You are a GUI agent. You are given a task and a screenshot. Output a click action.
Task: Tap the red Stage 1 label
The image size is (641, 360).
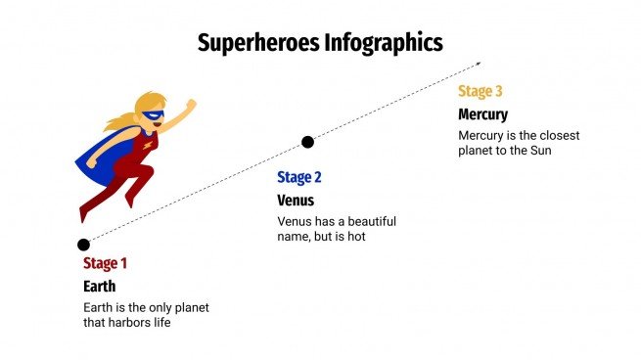click(x=105, y=262)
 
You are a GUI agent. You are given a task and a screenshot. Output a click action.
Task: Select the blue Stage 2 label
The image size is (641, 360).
click(x=299, y=177)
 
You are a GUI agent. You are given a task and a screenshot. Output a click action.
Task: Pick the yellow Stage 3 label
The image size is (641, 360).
click(x=481, y=91)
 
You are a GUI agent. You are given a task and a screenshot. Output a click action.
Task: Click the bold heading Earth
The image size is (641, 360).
click(x=99, y=286)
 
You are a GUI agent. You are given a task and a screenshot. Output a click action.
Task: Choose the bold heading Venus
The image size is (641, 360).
click(x=296, y=200)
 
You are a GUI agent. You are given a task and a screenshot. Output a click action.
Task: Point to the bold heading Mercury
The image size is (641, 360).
click(x=483, y=114)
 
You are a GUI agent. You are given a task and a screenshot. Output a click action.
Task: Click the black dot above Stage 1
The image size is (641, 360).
click(x=83, y=245)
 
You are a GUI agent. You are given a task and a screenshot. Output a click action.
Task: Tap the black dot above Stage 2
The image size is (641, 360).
click(x=307, y=142)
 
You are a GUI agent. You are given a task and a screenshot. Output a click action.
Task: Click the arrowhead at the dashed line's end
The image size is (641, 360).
click(x=478, y=65)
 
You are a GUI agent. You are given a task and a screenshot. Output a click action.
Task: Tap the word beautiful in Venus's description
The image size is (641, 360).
click(x=373, y=221)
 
